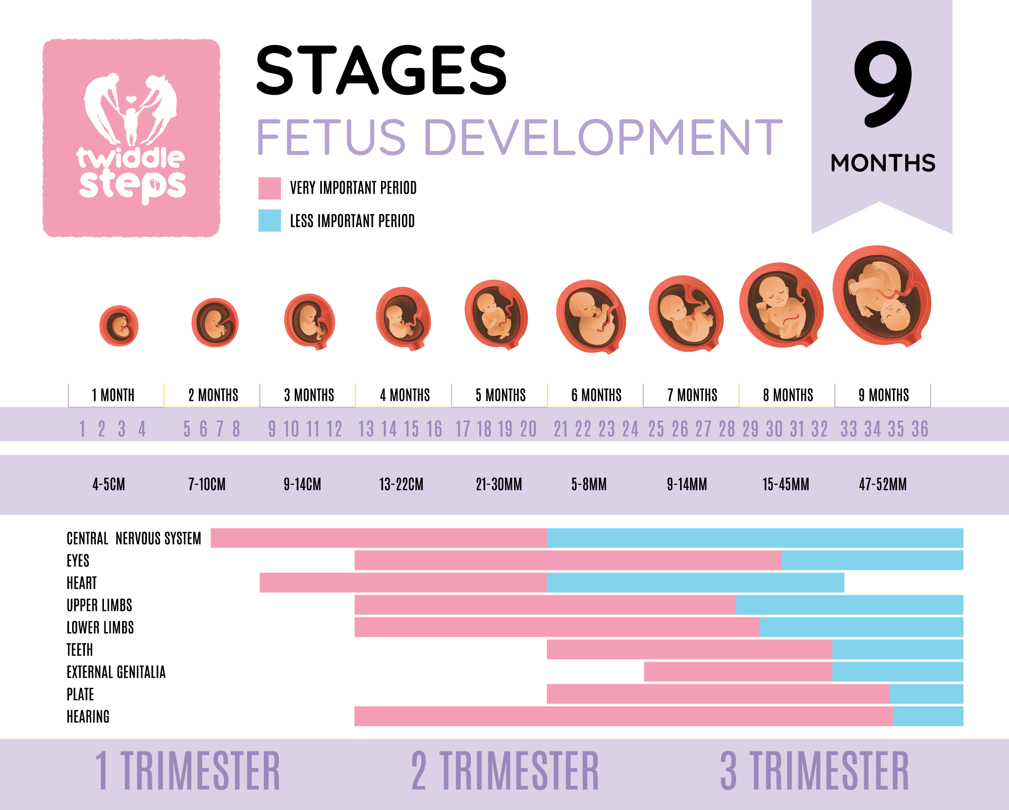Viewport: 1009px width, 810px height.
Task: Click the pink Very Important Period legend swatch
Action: pyautogui.click(x=269, y=188)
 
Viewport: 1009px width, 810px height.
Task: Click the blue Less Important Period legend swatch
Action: pyautogui.click(x=269, y=221)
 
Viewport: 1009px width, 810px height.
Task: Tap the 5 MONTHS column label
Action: pyautogui.click(x=500, y=395)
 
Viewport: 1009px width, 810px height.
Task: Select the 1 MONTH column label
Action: pyautogui.click(x=113, y=395)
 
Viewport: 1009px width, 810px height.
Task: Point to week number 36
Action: pyautogui.click(x=920, y=429)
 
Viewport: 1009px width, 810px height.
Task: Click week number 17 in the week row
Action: pyautogui.click(x=463, y=429)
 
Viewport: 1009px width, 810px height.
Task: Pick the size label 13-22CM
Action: pyautogui.click(x=401, y=485)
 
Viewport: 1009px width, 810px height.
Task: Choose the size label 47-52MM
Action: pyautogui.click(x=883, y=485)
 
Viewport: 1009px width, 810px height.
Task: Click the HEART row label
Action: pyautogui.click(x=82, y=583)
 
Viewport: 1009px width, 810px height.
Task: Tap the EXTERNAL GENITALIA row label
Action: pyautogui.click(x=116, y=672)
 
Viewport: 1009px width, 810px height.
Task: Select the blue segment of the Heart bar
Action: pyautogui.click(x=695, y=583)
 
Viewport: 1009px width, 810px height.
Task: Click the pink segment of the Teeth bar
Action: pyautogui.click(x=689, y=649)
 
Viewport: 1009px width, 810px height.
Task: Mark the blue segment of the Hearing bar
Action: pyautogui.click(x=927, y=716)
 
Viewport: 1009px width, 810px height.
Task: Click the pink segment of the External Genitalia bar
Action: pyautogui.click(x=738, y=672)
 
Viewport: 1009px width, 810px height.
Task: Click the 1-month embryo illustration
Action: pyautogui.click(x=119, y=326)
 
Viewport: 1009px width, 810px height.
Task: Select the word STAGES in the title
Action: pyautogui.click(x=381, y=70)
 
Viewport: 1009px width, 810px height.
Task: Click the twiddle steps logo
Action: pyautogui.click(x=131, y=138)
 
